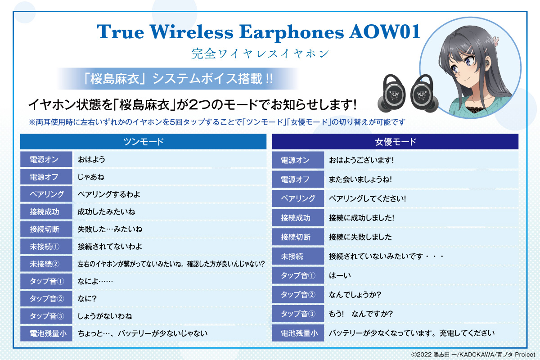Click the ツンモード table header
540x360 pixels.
coord(143,142)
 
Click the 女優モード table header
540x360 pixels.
coord(395,142)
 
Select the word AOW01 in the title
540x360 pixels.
coord(385,32)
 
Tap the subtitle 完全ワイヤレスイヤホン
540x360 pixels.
coord(261,53)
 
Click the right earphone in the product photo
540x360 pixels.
coord(424,94)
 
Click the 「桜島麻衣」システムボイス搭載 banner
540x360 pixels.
coord(178,79)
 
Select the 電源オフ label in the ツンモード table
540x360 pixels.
coord(46,177)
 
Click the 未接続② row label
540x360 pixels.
coord(46,264)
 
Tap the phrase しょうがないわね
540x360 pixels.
coord(105,316)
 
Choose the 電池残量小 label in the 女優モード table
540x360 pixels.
coord(298,333)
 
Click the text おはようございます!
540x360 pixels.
coord(361,160)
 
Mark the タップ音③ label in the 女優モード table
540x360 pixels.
coord(298,314)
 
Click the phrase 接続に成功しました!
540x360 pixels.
coord(362,218)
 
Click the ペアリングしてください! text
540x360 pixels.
coord(367,198)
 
